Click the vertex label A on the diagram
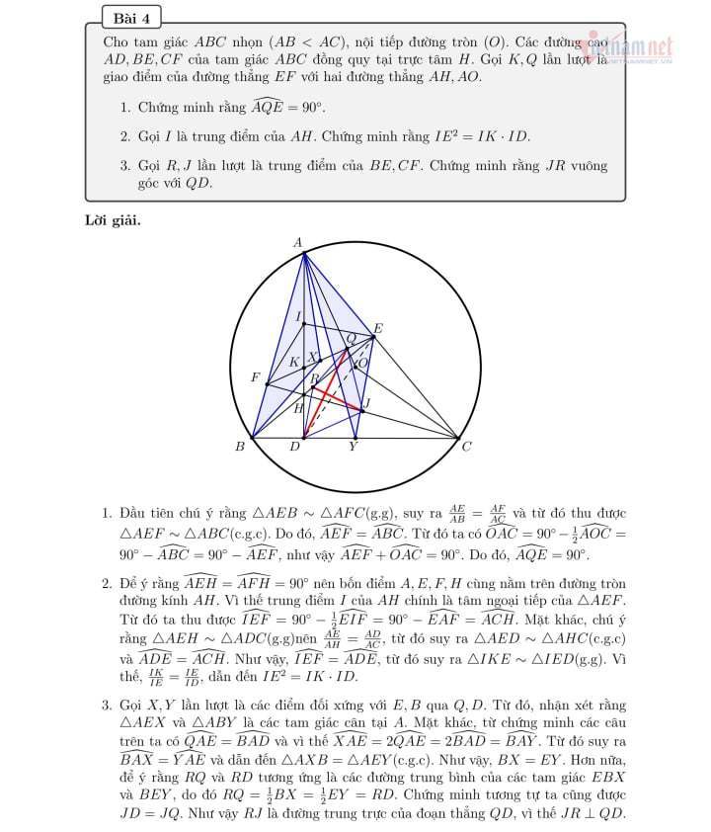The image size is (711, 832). click(298, 242)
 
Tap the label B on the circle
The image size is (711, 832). click(239, 448)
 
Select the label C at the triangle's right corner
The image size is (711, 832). click(467, 448)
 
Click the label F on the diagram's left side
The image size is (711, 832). click(255, 378)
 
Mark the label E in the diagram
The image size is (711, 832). click(378, 328)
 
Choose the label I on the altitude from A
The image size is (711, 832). click(298, 316)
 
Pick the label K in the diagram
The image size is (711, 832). click(293, 363)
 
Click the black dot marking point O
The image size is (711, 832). click(356, 366)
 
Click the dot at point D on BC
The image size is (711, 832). click(304, 437)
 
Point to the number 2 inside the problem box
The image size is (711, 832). click(124, 135)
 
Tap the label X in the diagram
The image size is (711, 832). click(313, 358)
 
